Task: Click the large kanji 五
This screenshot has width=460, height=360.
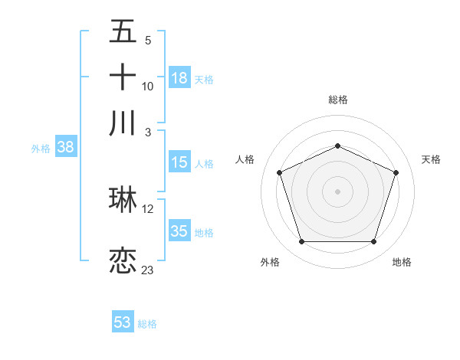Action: click(123, 32)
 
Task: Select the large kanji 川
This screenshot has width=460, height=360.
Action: click(123, 123)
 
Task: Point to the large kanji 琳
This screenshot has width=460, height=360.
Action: click(123, 199)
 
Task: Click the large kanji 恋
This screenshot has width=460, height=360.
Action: click(123, 260)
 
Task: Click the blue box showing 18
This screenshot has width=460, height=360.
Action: click(179, 78)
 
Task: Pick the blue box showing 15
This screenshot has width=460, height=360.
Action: click(179, 162)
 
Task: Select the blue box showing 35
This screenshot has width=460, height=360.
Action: click(179, 231)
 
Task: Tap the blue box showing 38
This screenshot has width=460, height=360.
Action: click(65, 148)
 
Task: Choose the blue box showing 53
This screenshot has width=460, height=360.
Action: click(123, 322)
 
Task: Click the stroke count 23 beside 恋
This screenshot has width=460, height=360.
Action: click(147, 270)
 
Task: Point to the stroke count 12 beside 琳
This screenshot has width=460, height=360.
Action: click(148, 208)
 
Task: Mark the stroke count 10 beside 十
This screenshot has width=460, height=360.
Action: click(148, 86)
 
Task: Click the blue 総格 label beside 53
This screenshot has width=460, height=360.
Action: click(147, 324)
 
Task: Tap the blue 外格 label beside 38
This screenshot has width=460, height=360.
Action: click(41, 149)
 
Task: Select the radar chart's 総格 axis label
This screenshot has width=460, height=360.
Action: click(338, 100)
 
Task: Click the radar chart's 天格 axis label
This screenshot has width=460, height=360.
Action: click(431, 159)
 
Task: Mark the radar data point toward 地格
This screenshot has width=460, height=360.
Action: click(373, 242)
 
